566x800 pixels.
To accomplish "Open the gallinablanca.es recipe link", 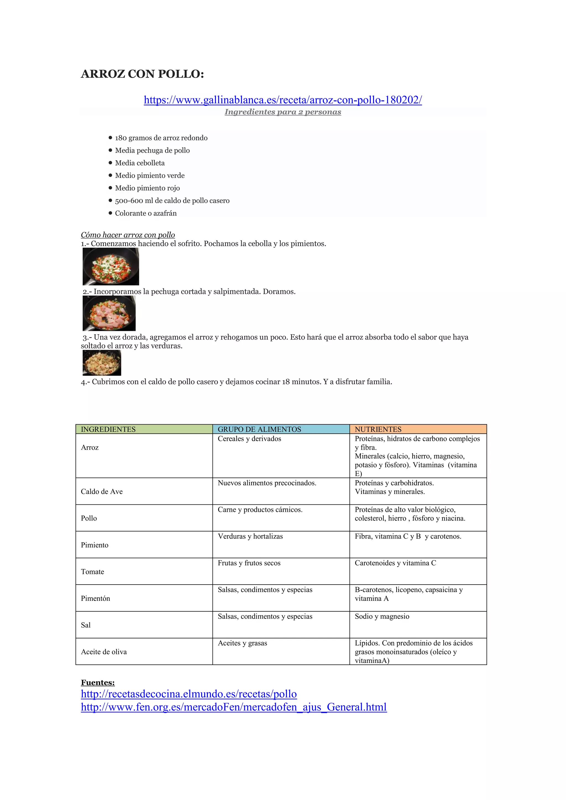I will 283,100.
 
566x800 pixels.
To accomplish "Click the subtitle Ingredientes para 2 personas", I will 283,112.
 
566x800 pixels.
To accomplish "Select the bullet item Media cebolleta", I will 140,163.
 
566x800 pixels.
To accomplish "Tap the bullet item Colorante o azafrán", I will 146,213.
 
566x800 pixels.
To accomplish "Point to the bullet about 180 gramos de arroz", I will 161,138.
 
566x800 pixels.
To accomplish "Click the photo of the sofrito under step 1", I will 111,267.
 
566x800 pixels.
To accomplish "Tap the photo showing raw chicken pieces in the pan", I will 109,313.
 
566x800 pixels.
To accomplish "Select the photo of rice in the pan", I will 102,363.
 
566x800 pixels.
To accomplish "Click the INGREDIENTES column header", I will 108,429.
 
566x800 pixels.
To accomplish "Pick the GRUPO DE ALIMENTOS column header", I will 259,429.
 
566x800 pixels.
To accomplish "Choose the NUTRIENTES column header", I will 378,429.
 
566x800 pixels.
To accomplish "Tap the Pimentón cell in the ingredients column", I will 96,599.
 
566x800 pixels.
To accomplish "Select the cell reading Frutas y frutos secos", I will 249,563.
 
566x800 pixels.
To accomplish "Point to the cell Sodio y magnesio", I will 382,616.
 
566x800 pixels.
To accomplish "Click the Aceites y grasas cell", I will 243,643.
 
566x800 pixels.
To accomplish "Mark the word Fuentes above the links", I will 98,683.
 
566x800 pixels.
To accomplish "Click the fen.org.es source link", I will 234,707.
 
